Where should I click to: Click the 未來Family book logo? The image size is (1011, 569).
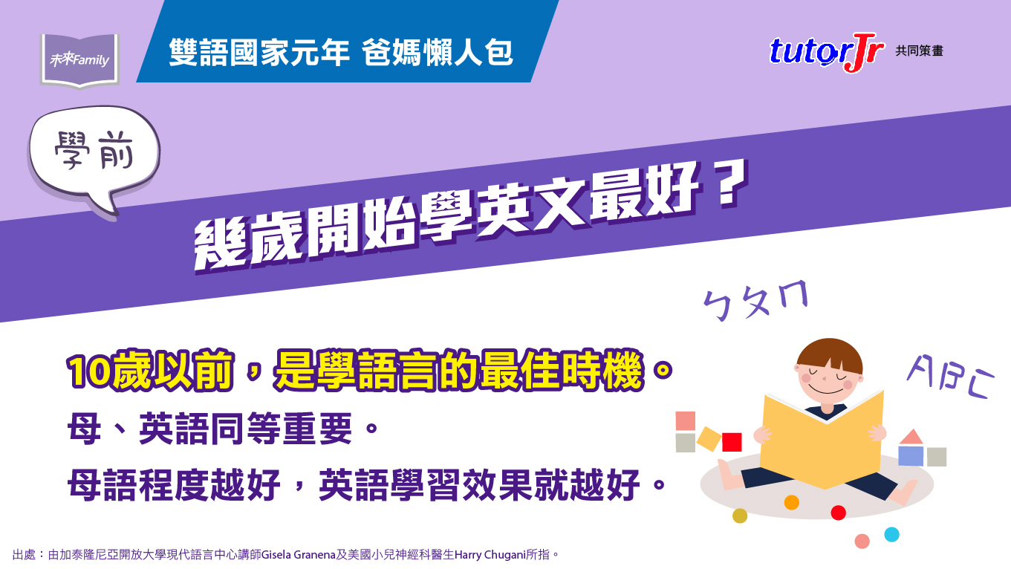point(79,60)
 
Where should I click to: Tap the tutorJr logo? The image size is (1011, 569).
point(826,52)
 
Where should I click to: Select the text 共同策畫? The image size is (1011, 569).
point(920,51)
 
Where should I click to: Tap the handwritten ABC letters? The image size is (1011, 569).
point(950,377)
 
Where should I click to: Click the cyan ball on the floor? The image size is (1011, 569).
point(891,534)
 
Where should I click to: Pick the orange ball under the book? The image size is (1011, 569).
point(792,502)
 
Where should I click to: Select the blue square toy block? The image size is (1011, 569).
point(911,456)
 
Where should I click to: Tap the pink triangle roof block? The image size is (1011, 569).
point(911,436)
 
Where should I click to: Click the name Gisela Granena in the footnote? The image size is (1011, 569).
point(299,555)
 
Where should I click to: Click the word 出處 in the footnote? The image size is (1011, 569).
point(24,555)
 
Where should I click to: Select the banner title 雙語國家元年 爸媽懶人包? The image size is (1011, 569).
point(341,52)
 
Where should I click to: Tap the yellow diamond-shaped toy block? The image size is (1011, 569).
point(709,438)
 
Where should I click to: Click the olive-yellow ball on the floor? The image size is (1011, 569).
point(740,516)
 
